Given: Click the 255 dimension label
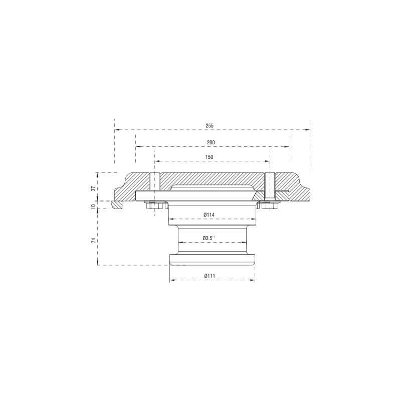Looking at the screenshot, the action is [x=209, y=126].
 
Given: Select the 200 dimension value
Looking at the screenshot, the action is [x=211, y=142].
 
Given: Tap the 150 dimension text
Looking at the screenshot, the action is [x=209, y=157].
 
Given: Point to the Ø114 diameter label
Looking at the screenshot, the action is [x=209, y=215].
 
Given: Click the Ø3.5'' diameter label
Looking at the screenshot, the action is [x=209, y=238].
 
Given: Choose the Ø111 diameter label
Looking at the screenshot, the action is [x=210, y=276].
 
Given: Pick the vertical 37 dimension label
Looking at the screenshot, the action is [x=94, y=188].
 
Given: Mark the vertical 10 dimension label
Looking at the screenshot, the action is [x=94, y=206].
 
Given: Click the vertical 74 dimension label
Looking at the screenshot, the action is [x=94, y=240].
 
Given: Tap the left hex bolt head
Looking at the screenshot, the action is [x=154, y=206].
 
